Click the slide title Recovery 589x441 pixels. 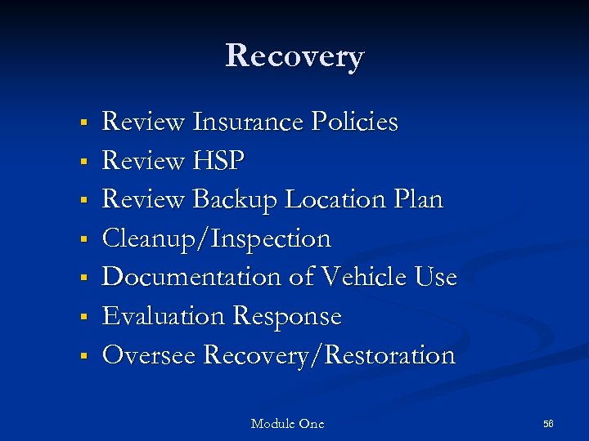[294, 56]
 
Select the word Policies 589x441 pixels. [354, 122]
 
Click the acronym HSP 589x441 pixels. [218, 162]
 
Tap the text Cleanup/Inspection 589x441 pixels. [216, 239]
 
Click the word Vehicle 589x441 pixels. [361, 278]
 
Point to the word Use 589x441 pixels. [436, 278]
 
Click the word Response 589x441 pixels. [287, 317]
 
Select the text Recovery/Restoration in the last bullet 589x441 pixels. [328, 355]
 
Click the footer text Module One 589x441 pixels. [287, 424]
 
